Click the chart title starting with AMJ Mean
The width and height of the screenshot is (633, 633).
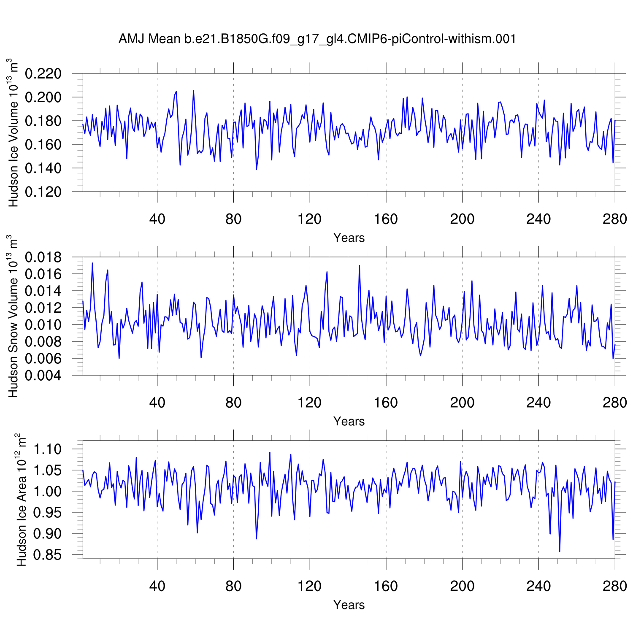[x=317, y=39]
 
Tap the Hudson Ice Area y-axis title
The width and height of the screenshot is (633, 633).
[x=21, y=500]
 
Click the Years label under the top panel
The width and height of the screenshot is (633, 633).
[x=349, y=238]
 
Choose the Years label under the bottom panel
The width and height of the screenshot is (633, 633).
[x=349, y=605]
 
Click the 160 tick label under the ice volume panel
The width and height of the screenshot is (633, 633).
[x=386, y=219]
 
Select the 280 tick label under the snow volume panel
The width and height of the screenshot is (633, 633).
[x=615, y=403]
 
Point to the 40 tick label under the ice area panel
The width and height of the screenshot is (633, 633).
[x=157, y=586]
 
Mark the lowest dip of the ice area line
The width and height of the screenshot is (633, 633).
[x=560, y=552]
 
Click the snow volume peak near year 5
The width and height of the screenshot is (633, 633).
[x=92, y=263]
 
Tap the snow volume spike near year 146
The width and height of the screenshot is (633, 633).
[x=359, y=265]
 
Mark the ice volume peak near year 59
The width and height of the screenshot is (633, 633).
[x=193, y=91]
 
